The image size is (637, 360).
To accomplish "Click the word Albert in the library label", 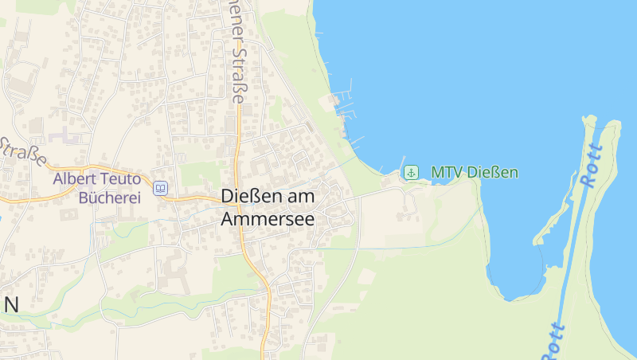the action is (76, 179).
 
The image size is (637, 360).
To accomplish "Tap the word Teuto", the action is (127, 179).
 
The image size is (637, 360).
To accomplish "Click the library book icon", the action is (161, 188).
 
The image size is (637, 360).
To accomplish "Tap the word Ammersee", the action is (268, 217).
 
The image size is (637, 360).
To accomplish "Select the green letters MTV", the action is (447, 172).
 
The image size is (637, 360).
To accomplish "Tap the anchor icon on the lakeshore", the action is (411, 172).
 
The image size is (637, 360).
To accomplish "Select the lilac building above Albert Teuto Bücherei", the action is (65, 136).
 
